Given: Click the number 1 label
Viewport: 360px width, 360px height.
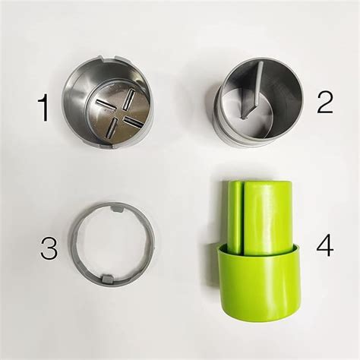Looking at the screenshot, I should click(44, 109).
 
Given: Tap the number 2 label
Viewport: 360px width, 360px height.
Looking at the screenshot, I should click(324, 101).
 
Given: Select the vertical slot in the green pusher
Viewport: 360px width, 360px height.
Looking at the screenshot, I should click(242, 216).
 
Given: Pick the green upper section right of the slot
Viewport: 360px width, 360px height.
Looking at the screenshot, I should click(267, 213).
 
